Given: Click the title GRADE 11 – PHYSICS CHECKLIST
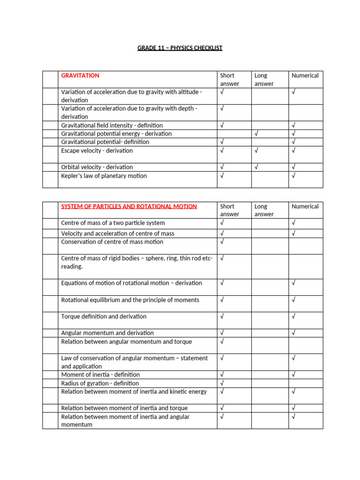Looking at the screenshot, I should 180,48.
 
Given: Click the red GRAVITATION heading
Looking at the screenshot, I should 80,75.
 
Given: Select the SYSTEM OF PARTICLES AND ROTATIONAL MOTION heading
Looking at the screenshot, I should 129,206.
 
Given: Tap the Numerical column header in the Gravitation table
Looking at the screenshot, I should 305,75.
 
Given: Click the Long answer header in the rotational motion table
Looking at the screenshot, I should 264,210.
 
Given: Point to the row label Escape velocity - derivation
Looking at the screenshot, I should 97,150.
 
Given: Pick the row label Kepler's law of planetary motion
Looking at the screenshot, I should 104,176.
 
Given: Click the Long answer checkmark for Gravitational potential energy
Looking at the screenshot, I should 256,134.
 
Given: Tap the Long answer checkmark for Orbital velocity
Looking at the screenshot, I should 256,167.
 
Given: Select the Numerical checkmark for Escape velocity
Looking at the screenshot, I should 293,150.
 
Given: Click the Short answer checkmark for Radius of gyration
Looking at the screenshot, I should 222,383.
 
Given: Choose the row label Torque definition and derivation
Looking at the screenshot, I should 104,316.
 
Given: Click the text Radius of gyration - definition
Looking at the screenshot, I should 100,383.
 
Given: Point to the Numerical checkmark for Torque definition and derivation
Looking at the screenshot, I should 293,316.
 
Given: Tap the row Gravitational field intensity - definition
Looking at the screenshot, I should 112,125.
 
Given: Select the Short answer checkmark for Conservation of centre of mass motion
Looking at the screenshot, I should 222,242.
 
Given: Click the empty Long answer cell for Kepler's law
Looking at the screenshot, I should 270,179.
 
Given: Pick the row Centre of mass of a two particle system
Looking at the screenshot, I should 113,223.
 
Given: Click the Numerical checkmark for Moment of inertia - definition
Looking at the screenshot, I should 293,375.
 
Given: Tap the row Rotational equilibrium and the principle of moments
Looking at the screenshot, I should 130,300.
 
